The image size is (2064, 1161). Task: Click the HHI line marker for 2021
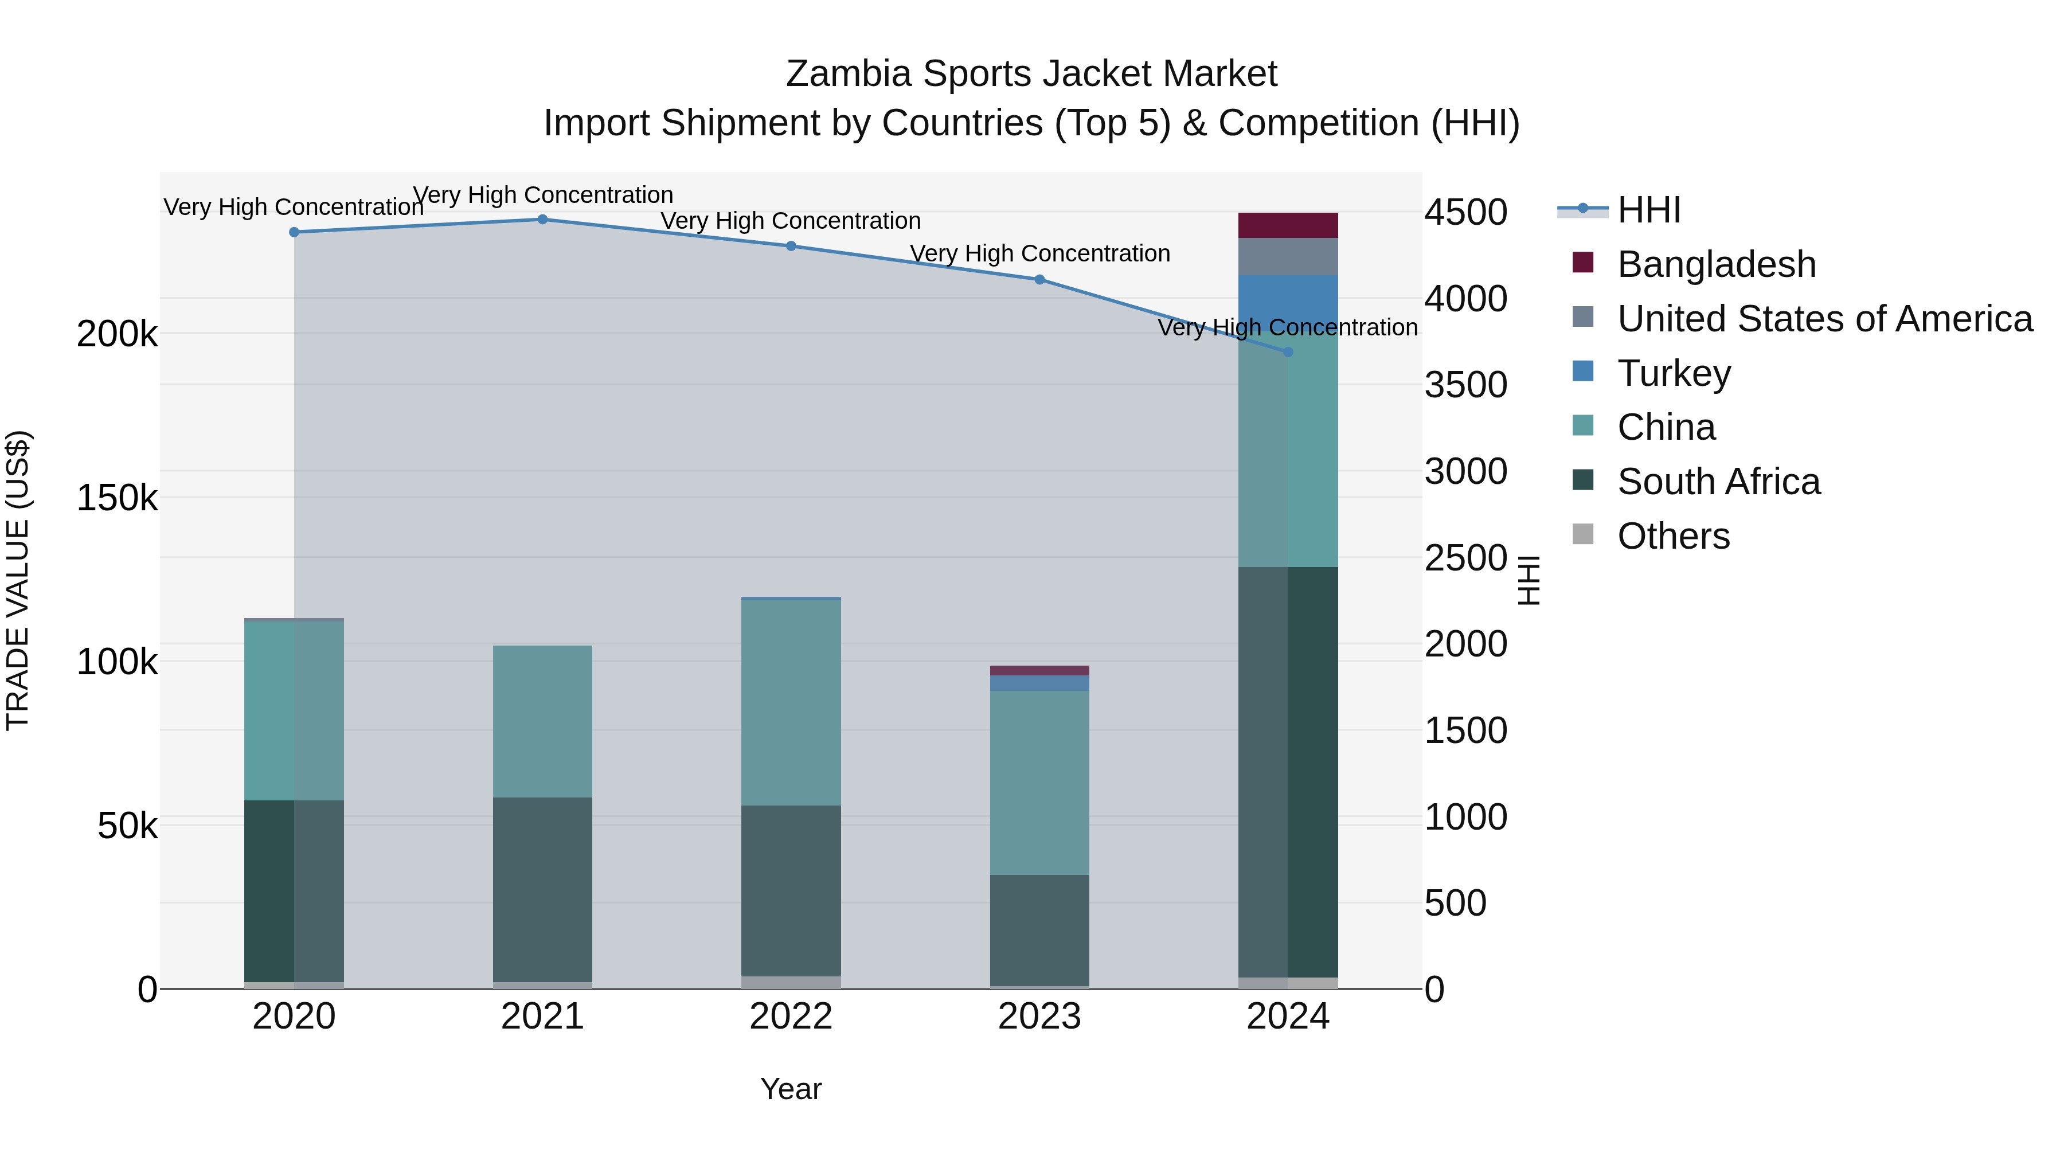(542, 220)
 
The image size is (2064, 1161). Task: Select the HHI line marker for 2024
(1288, 352)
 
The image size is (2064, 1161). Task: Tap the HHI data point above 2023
(1039, 280)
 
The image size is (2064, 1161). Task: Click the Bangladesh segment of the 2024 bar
(1288, 225)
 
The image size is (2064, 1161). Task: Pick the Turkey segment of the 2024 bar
(1288, 298)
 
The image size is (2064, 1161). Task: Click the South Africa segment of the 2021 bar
(542, 889)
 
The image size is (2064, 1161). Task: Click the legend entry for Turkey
(1673, 373)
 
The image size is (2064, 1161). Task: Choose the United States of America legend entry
(1824, 319)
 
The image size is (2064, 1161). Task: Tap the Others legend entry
(1672, 536)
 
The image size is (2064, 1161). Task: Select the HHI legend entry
(1648, 210)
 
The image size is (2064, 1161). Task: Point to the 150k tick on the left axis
(117, 498)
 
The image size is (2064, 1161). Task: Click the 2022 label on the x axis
(791, 1017)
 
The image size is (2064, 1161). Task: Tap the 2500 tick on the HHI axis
(1465, 558)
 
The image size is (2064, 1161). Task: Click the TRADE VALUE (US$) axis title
(18, 580)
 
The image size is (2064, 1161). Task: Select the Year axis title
(791, 1089)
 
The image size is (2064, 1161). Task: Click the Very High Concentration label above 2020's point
(293, 207)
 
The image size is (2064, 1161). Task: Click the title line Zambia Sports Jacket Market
(1031, 74)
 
